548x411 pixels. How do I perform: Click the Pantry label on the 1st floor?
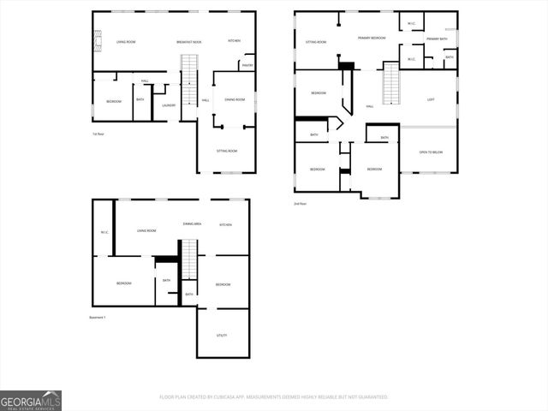point(247,65)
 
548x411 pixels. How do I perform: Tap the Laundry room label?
point(169,105)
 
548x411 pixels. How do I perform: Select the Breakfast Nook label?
point(188,41)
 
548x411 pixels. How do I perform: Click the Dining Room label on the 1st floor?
point(235,100)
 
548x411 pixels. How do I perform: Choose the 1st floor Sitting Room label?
point(226,151)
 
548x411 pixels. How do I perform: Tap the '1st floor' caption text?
point(98,134)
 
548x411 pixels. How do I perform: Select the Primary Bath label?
point(437,39)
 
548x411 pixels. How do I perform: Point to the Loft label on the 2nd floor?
point(431,99)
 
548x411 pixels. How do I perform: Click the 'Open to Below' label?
point(431,152)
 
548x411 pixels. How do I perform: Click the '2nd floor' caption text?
point(300,203)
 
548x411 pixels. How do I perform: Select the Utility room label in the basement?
point(221,336)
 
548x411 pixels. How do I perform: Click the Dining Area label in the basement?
point(192,224)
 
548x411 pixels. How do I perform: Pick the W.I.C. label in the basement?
point(103,232)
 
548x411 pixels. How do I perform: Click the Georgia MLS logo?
point(31,401)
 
